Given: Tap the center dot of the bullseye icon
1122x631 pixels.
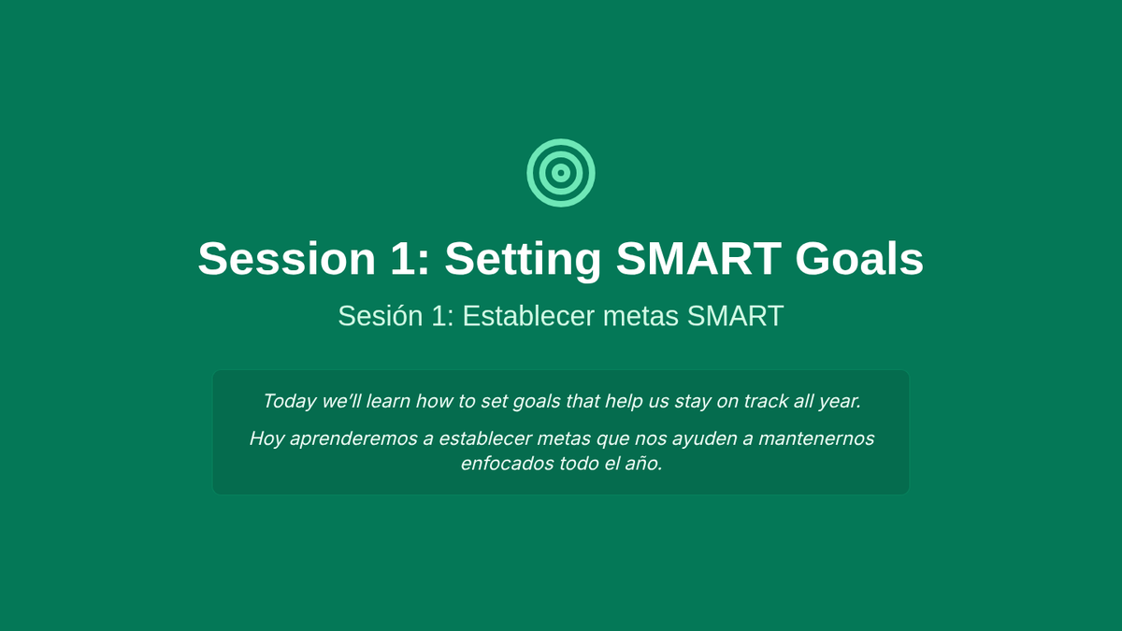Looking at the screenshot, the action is click(x=561, y=173).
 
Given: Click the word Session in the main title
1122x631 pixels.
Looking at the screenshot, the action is click(x=287, y=258).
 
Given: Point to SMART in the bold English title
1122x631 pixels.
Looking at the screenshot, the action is click(x=698, y=258).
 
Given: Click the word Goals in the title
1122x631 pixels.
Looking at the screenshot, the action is click(x=859, y=258).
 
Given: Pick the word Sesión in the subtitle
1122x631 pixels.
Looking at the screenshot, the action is click(x=381, y=316).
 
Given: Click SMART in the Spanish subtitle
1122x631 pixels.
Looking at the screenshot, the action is click(x=735, y=316).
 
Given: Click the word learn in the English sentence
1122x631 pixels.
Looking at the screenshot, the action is click(x=388, y=401).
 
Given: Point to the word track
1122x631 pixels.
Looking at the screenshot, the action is click(x=766, y=401).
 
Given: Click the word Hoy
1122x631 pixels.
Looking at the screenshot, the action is click(x=267, y=439).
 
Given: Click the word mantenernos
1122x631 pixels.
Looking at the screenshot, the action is click(x=816, y=438).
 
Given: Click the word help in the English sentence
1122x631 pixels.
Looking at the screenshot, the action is click(x=625, y=402).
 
